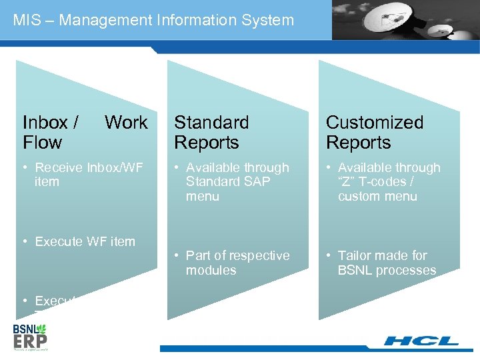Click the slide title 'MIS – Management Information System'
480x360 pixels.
tap(153, 20)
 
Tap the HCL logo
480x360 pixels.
tap(421, 341)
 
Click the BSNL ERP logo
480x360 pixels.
tap(31, 336)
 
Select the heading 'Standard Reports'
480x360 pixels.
tap(211, 132)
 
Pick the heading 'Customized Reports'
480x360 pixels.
tap(374, 132)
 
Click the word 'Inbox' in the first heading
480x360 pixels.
tap(45, 123)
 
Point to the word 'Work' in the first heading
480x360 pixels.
tap(126, 123)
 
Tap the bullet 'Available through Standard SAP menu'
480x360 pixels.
tap(237, 182)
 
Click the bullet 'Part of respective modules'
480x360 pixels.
tap(237, 263)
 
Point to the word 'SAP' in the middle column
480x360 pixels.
tap(256, 182)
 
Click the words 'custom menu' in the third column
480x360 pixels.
tap(377, 196)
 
